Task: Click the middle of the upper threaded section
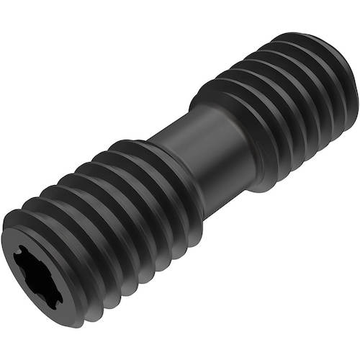pyautogui.click(x=281, y=101)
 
